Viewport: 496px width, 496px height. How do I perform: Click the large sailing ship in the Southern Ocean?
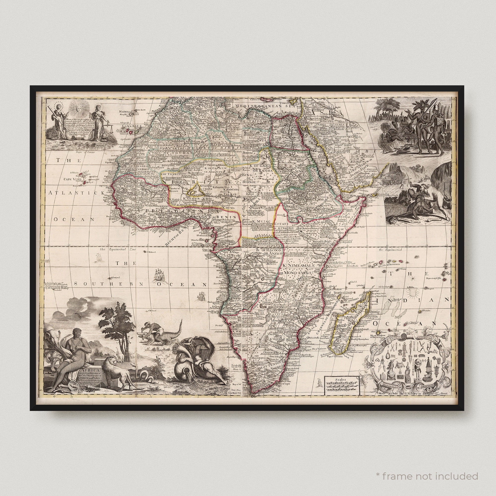point(158,275)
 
